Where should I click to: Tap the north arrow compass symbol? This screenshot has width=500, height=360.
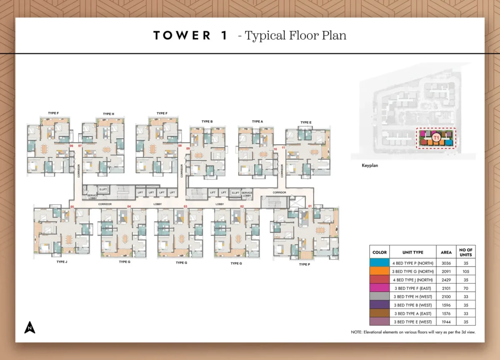(x=30, y=328)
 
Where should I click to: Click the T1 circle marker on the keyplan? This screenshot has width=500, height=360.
(x=436, y=138)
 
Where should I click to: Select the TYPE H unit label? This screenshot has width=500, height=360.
(x=108, y=114)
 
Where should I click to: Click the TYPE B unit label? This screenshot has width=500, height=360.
(x=207, y=122)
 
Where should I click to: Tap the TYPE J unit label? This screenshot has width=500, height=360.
(x=62, y=262)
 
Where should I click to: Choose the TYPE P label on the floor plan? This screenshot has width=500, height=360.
(x=304, y=264)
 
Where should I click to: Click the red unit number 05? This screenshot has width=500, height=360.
(x=72, y=207)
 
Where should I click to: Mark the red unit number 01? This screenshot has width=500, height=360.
(x=310, y=206)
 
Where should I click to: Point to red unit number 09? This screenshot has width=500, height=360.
(x=187, y=149)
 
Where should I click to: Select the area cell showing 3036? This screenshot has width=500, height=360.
(x=446, y=263)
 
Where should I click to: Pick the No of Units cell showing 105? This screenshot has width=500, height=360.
(x=465, y=272)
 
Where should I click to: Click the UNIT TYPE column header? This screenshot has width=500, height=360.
(x=412, y=252)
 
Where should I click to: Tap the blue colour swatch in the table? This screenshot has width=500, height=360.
(x=380, y=263)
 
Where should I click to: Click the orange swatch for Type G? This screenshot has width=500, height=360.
(x=380, y=272)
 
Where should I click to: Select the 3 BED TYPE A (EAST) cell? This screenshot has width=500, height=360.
(x=412, y=313)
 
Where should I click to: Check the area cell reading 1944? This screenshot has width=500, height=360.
(x=446, y=322)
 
